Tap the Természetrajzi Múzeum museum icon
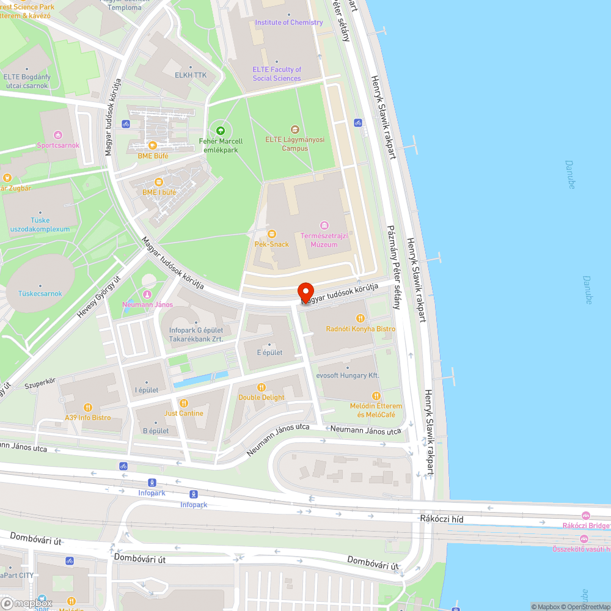click(324, 225)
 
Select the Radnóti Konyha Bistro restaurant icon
click(360, 318)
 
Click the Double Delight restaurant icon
click(262, 387)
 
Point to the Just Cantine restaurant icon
click(184, 403)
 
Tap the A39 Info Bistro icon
click(88, 407)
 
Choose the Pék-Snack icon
click(272, 233)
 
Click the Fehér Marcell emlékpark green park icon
click(221, 130)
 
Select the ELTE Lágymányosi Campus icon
click(295, 129)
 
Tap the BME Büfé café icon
click(153, 145)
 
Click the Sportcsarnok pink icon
click(58, 134)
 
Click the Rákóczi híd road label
click(438, 518)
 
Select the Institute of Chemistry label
click(289, 23)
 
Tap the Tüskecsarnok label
click(40, 293)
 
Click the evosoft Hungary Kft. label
click(348, 375)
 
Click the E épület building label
click(269, 353)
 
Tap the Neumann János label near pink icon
click(148, 304)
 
